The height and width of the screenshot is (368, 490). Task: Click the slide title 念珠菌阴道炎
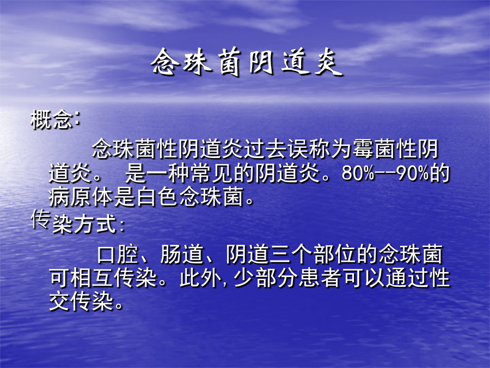click(246, 62)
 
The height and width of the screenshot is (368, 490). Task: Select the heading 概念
click(52, 119)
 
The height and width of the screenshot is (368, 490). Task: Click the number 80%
click(358, 173)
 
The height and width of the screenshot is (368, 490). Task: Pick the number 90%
click(413, 173)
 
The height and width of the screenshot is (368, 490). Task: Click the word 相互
click(91, 278)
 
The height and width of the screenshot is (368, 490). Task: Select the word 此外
click(200, 278)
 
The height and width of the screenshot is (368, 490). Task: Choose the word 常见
click(212, 173)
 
